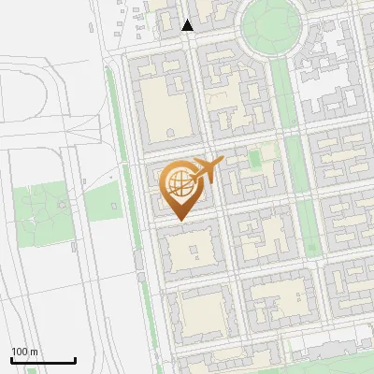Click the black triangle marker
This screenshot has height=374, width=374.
(x=188, y=25)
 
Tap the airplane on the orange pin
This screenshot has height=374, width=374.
(x=205, y=170)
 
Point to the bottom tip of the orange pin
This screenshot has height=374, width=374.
(x=179, y=221)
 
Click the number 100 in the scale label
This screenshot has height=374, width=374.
(x=19, y=352)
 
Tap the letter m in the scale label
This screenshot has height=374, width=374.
(x=34, y=352)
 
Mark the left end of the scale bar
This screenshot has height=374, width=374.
(x=11, y=360)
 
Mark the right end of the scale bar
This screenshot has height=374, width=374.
(x=75, y=360)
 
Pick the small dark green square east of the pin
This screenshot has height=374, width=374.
(x=254, y=158)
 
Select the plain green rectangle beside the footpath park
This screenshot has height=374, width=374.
(x=103, y=201)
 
